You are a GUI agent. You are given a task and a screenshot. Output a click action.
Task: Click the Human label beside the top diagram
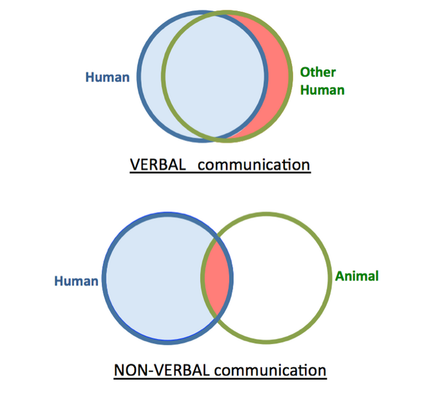(107, 77)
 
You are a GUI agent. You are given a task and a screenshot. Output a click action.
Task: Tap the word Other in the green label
(318, 72)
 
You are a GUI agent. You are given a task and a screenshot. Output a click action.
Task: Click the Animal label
(357, 276)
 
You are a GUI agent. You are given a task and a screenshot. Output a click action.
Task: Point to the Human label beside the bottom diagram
(76, 281)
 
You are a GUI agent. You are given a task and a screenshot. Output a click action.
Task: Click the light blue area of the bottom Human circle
(154, 276)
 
